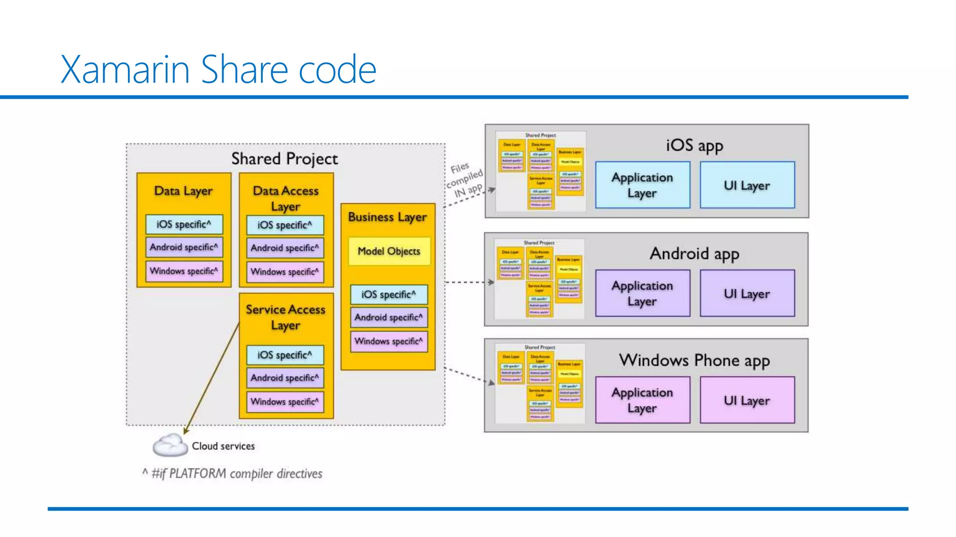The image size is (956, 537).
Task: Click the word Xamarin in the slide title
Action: tap(125, 70)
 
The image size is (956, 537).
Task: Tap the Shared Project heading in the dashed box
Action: tap(284, 158)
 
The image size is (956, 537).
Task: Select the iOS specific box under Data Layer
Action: tap(183, 224)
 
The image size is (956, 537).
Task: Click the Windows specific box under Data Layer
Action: tap(183, 271)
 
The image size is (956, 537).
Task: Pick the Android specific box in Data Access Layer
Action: tap(285, 248)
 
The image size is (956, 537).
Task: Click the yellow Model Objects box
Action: tap(389, 251)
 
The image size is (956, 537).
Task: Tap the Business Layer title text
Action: tap(387, 217)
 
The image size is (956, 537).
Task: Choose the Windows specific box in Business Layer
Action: tap(388, 341)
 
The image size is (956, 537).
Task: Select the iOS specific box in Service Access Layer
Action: tap(285, 355)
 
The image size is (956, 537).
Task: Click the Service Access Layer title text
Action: tap(285, 317)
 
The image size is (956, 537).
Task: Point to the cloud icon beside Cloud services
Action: tap(169, 445)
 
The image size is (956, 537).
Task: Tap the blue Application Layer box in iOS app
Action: tap(642, 185)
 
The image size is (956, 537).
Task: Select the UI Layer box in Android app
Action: tap(747, 293)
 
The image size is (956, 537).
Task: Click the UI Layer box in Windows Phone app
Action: tap(747, 400)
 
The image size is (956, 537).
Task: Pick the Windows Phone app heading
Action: tap(694, 360)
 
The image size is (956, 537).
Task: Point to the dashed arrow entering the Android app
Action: tap(469, 282)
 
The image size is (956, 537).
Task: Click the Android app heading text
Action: tap(694, 254)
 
